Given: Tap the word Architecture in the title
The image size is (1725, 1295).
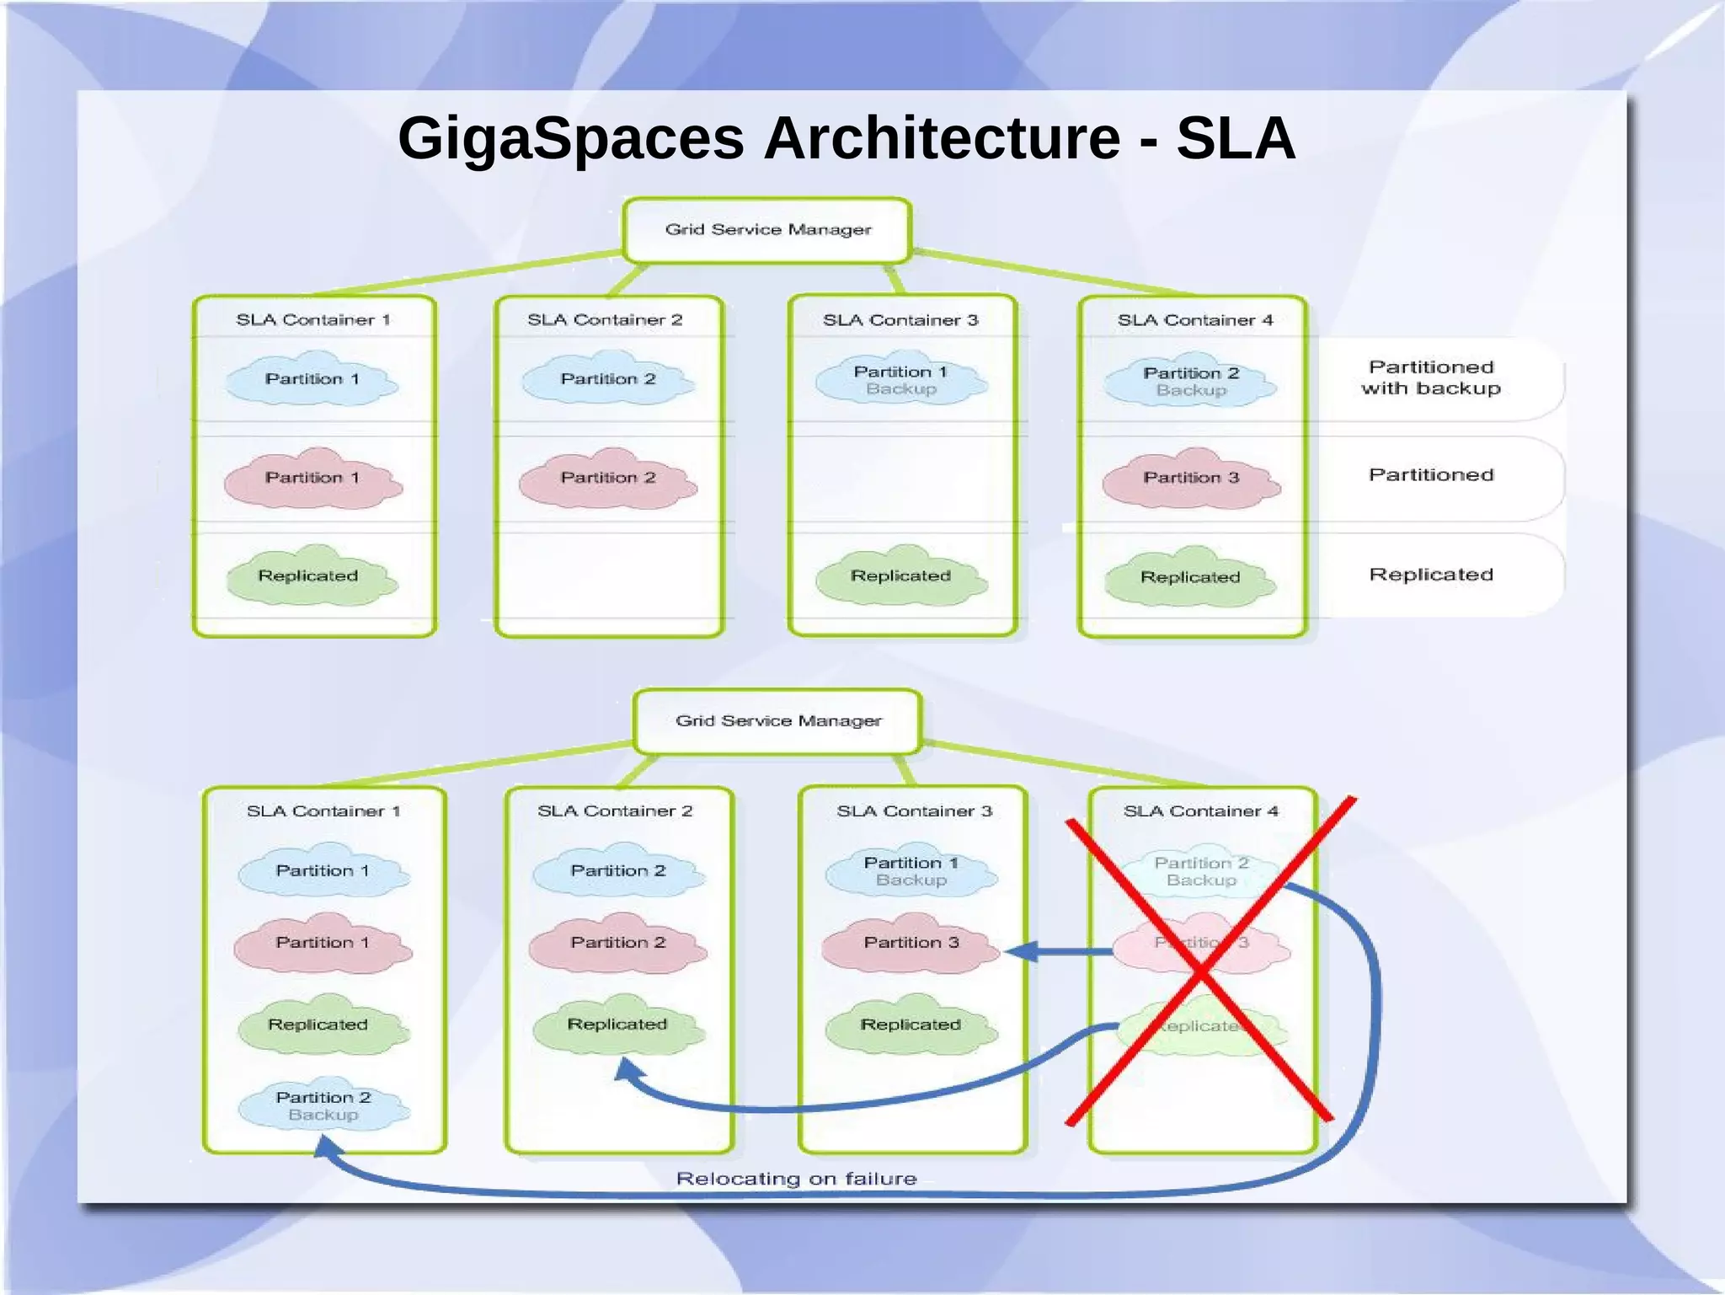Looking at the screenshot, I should point(942,138).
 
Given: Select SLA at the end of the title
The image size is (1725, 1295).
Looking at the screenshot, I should point(1235,138).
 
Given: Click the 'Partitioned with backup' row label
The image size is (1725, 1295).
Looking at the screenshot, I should point(1430,378).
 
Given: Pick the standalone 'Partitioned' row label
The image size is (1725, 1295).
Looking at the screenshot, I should point(1430,475).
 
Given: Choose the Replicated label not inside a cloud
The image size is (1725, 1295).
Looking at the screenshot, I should point(1430,575).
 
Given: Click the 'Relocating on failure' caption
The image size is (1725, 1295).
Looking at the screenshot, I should point(796,1178).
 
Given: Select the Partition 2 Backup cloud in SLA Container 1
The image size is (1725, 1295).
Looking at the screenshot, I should point(323,1105).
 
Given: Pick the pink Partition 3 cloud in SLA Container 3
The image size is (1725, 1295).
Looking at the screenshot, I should point(911,943).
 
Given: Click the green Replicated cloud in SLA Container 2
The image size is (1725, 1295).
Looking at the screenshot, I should point(617,1025).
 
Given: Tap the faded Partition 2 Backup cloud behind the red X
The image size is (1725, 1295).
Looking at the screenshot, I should point(1201,871).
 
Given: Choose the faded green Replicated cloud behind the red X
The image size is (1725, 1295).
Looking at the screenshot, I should point(1201,1026).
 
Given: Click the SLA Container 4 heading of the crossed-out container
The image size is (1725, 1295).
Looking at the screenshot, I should point(1200,811).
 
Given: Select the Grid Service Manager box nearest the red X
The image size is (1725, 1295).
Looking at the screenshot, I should point(777,721).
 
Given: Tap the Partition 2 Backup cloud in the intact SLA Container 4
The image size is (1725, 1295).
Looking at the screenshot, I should point(1190,382).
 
